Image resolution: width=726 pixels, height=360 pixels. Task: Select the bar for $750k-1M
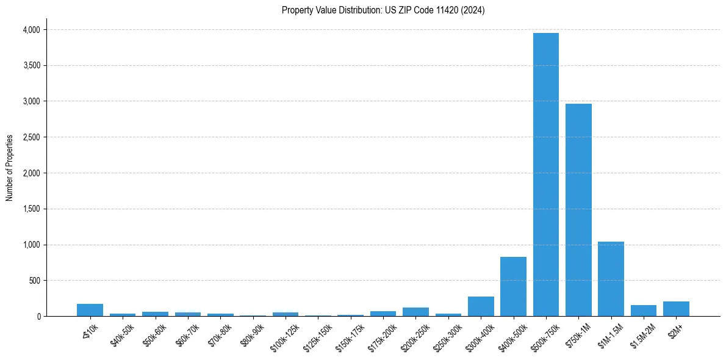click(x=578, y=210)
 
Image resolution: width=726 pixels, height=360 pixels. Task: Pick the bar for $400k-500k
click(x=513, y=287)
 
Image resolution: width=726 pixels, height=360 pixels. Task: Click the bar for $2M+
click(x=676, y=309)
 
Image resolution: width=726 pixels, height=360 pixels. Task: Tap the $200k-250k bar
click(x=415, y=312)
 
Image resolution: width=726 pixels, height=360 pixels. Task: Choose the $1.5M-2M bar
click(x=644, y=311)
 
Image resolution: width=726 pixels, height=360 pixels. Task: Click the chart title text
click(x=383, y=10)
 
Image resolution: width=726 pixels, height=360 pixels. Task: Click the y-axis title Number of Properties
click(x=10, y=168)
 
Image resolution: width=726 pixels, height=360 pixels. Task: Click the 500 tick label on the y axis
click(x=34, y=281)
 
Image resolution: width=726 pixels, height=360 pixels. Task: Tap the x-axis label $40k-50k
click(x=123, y=334)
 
